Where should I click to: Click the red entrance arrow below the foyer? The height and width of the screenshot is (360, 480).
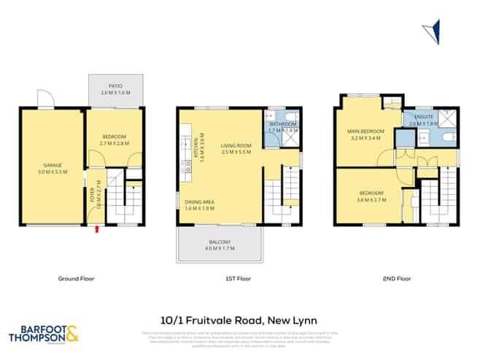click(96, 231)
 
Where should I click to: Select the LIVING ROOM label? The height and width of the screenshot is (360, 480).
click(237, 148)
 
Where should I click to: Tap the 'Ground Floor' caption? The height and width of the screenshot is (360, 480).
click(75, 278)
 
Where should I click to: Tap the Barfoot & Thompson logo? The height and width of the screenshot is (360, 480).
click(43, 335)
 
